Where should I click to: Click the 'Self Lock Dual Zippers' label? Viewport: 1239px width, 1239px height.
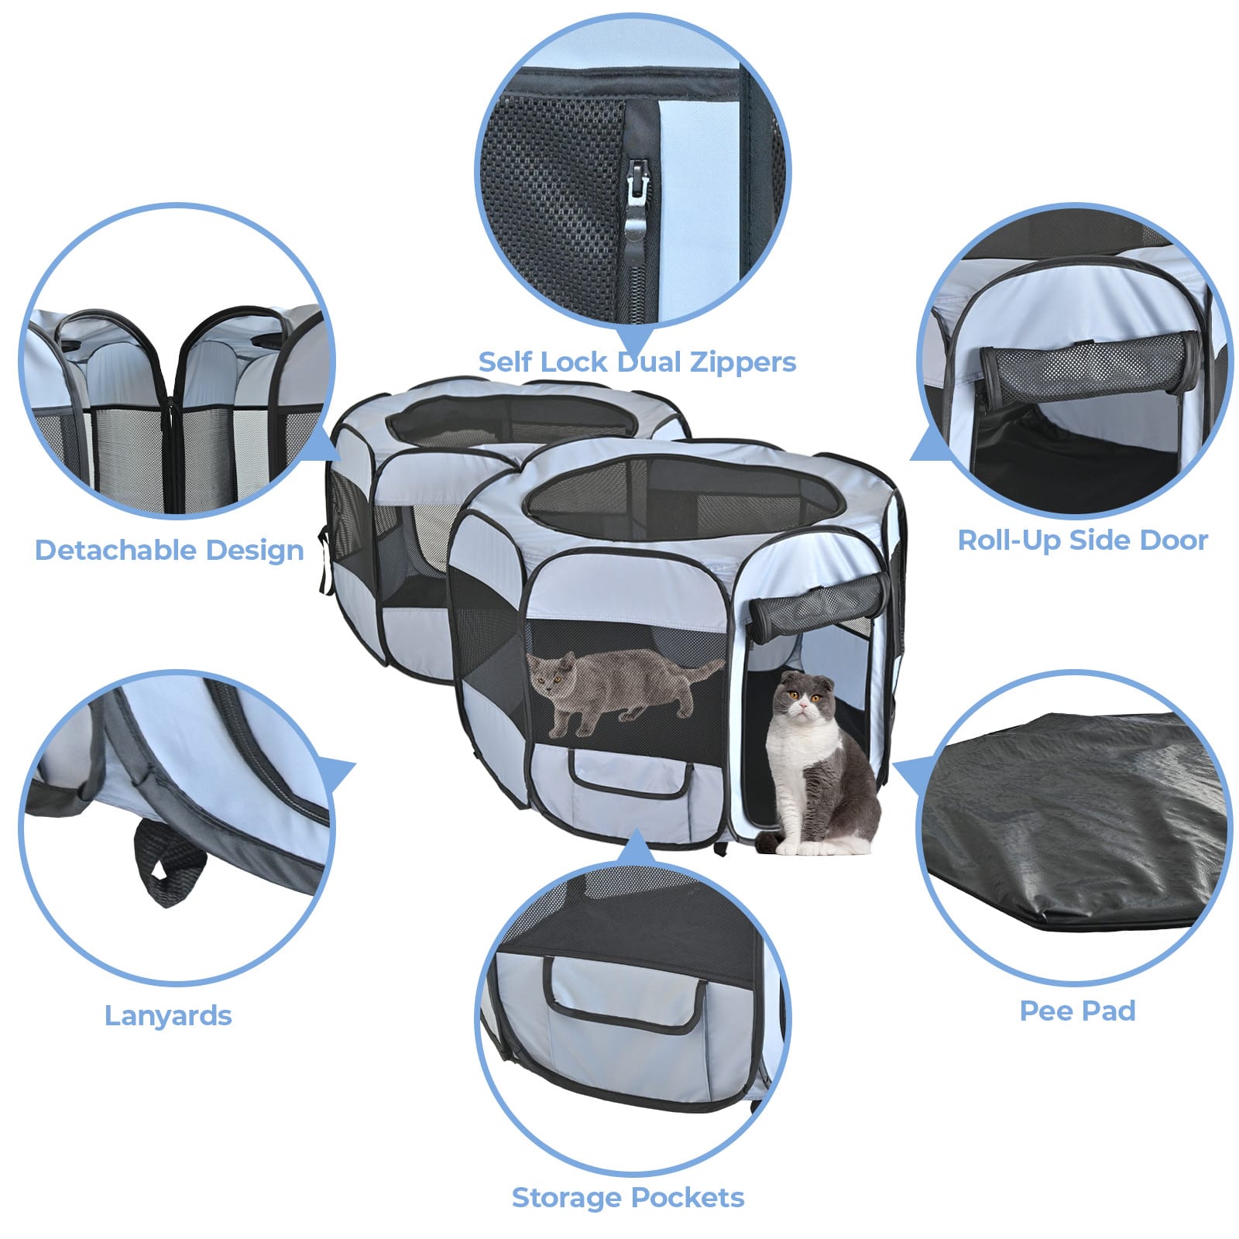[637, 362]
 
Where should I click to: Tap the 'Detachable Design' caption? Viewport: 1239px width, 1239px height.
[169, 550]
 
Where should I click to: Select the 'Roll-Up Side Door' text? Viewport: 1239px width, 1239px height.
[1083, 540]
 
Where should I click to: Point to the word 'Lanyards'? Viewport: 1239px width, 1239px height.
[168, 1015]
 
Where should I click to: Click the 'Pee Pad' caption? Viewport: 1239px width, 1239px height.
[1077, 1011]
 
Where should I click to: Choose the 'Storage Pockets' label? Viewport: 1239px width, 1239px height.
[628, 1197]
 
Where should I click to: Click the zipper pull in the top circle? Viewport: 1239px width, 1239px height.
[637, 197]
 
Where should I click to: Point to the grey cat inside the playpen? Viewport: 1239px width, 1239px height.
[612, 685]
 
